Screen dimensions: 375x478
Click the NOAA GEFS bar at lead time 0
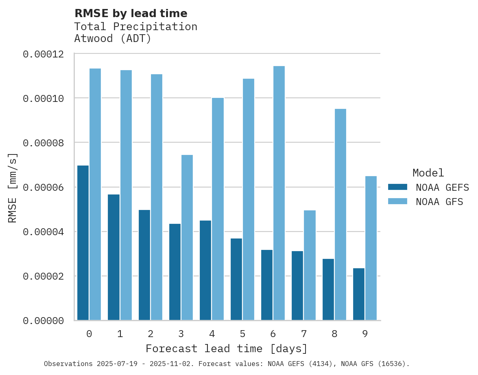83,243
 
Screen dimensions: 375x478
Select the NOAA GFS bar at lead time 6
279,193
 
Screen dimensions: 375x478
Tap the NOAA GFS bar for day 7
310,265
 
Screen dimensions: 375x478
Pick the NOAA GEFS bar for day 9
359,294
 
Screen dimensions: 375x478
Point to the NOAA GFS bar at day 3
187,238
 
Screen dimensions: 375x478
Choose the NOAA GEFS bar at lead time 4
205,270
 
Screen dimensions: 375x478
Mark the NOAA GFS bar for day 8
340,214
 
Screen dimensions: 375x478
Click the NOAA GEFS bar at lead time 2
144,265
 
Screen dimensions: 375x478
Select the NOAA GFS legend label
439,201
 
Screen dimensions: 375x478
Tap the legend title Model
428,173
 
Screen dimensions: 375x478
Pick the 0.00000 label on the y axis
43,321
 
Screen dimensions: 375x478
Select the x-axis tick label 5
242,334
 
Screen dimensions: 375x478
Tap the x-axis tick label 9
365,334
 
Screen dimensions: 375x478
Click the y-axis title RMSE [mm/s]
13,188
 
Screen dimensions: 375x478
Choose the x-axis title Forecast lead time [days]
227,349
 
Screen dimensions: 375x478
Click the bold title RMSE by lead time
131,13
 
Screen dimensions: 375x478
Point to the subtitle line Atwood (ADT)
113,39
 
